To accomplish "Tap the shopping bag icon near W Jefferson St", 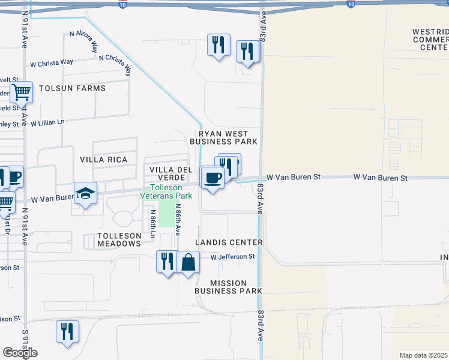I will pos(188,262).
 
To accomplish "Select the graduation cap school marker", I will pos(85,193).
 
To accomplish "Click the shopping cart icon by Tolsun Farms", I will pos(21,93).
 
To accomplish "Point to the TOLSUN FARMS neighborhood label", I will pos(72,88).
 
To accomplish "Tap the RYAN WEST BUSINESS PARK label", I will pos(223,137).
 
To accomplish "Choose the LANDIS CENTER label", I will pos(229,242).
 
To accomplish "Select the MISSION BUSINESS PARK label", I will pos(228,287).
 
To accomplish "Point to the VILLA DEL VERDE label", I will pos(170,173).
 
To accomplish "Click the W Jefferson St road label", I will pos(232,256).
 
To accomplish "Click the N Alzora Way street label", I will pos(83,42).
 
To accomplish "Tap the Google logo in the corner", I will pos(20,353).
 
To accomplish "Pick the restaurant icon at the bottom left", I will pos(67,332).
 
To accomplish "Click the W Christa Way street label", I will pos(52,62).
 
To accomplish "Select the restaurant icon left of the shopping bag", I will pos(167,262).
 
